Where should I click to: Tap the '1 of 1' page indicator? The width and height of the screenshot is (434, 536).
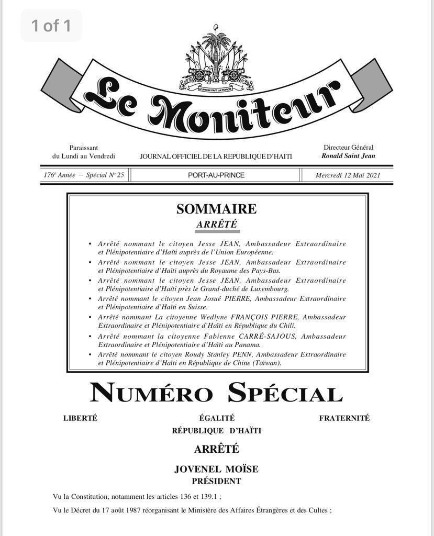51,25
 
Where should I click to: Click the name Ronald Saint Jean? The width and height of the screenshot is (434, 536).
348,156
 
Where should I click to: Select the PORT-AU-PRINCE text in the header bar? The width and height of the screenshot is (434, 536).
216,175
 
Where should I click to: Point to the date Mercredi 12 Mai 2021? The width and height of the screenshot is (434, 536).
348,175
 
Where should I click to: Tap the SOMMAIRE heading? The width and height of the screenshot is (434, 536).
216,209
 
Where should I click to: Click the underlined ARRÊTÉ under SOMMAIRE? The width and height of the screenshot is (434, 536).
216,225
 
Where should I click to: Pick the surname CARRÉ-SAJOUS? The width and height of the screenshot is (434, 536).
269,336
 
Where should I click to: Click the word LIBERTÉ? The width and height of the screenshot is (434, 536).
80,418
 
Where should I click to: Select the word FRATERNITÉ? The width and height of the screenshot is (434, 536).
344,418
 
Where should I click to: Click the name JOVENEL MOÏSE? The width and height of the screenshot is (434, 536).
216,469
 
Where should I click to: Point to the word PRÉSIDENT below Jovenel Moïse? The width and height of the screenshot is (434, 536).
216,481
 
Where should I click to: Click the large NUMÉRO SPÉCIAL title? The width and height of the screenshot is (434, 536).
216,393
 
